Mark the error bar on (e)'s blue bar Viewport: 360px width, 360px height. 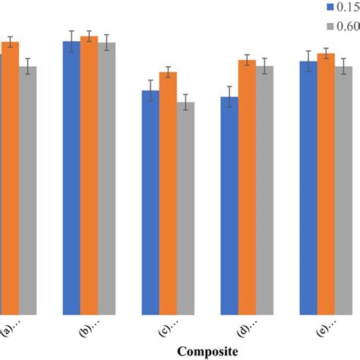click(x=308, y=62)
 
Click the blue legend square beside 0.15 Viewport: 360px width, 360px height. click(x=330, y=7)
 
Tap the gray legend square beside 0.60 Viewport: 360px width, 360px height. click(x=330, y=27)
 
